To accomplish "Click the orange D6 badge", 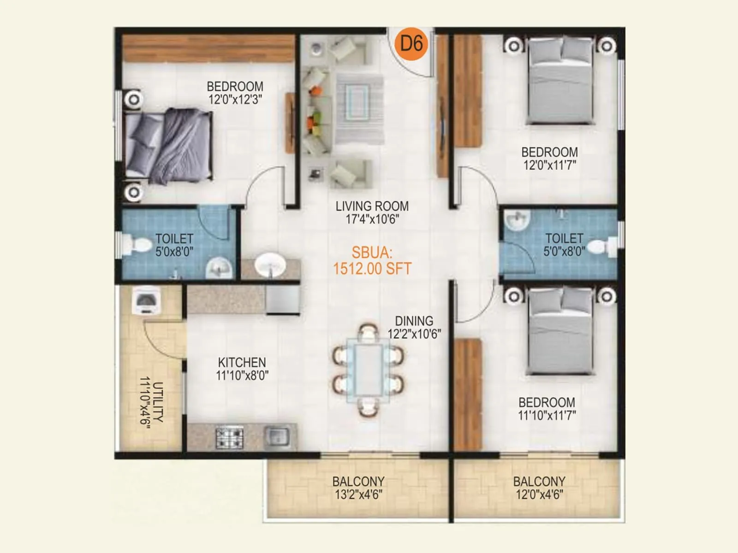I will point(411,44).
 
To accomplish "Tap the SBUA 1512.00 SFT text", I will point(372,261).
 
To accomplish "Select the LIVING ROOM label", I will point(372,206).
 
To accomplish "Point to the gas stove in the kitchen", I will point(230,437).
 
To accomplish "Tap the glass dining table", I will point(368,370).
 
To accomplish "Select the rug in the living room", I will point(359,109).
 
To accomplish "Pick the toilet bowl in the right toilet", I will point(602,247).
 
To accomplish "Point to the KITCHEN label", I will point(242,362).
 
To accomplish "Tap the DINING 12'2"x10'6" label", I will point(414,327).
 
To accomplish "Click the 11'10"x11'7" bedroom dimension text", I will point(547,416).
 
